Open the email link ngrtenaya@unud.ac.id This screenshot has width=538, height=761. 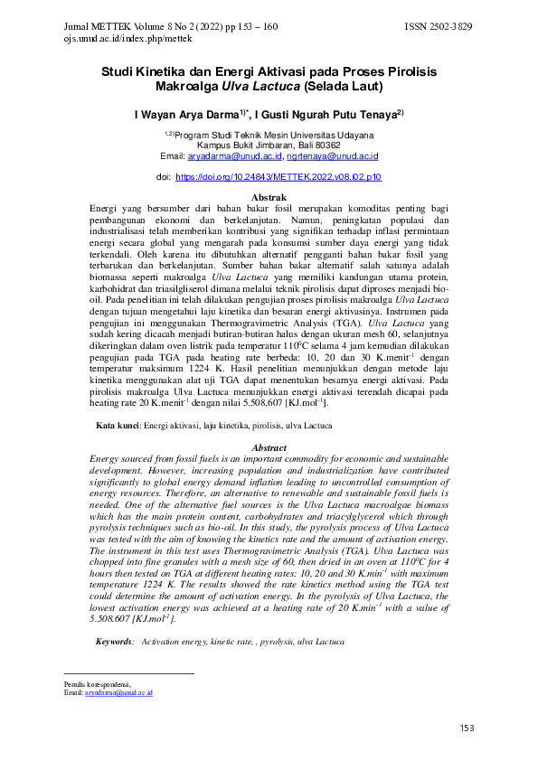click(338, 155)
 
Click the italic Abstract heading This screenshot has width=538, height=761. click(269, 448)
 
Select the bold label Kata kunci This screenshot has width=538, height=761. click(118, 425)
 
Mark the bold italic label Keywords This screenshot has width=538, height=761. click(115, 641)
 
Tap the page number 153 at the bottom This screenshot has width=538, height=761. click(467, 728)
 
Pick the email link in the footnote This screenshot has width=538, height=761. click(118, 692)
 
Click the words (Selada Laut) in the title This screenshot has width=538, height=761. click(345, 87)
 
